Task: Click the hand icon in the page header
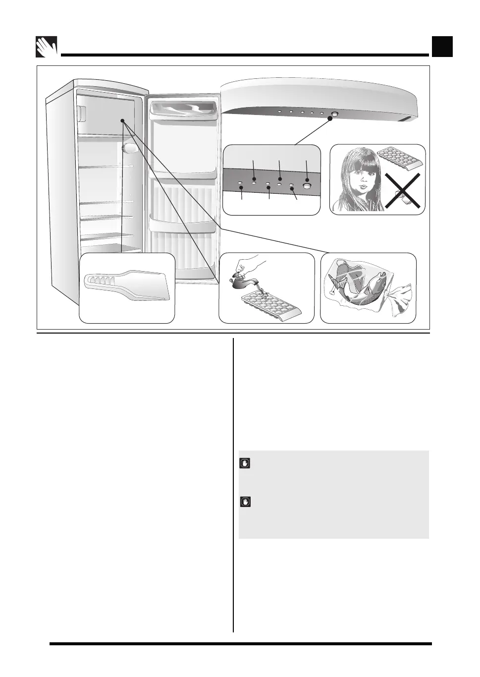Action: click(47, 47)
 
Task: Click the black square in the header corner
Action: click(442, 47)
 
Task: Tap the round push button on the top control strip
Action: click(334, 114)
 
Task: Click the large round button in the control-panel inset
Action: click(307, 186)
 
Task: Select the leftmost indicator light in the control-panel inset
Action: click(240, 184)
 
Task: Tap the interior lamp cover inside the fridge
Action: click(128, 148)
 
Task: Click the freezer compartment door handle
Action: click(81, 113)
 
